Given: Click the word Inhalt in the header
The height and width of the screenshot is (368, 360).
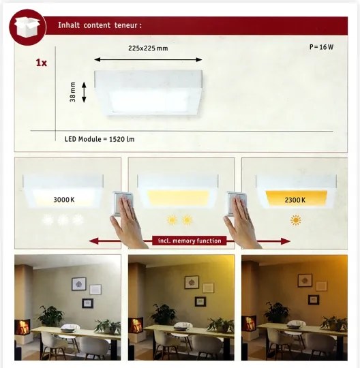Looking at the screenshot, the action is click(x=69, y=25).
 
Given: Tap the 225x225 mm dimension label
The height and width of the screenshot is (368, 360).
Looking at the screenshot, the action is click(x=148, y=48).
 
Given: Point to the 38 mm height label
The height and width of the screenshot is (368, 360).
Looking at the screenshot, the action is click(x=73, y=92).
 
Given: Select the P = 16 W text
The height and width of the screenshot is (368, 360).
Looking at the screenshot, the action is click(x=321, y=47).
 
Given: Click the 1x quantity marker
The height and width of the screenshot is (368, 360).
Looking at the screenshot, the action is click(x=42, y=63).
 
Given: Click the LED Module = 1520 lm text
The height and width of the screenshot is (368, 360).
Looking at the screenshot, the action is click(x=100, y=139).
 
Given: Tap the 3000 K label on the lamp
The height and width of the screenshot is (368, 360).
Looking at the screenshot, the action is click(x=64, y=200).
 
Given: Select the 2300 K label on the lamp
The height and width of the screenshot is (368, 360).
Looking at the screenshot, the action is click(x=295, y=200).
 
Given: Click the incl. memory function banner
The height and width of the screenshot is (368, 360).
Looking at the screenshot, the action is click(x=190, y=241).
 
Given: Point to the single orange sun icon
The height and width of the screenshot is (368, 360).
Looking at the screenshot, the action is click(x=296, y=220).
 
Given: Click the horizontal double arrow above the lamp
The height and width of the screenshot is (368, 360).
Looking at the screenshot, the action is click(x=148, y=59).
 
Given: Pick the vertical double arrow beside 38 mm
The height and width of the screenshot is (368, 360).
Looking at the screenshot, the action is click(x=84, y=92).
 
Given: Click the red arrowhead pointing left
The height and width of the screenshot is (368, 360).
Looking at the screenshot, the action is click(x=94, y=241).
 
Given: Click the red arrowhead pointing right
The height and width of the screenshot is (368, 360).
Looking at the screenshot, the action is click(x=285, y=241).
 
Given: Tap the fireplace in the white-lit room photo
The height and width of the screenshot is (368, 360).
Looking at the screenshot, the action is click(x=22, y=326).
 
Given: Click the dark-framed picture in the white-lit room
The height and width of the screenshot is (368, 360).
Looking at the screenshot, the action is click(x=87, y=303).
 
